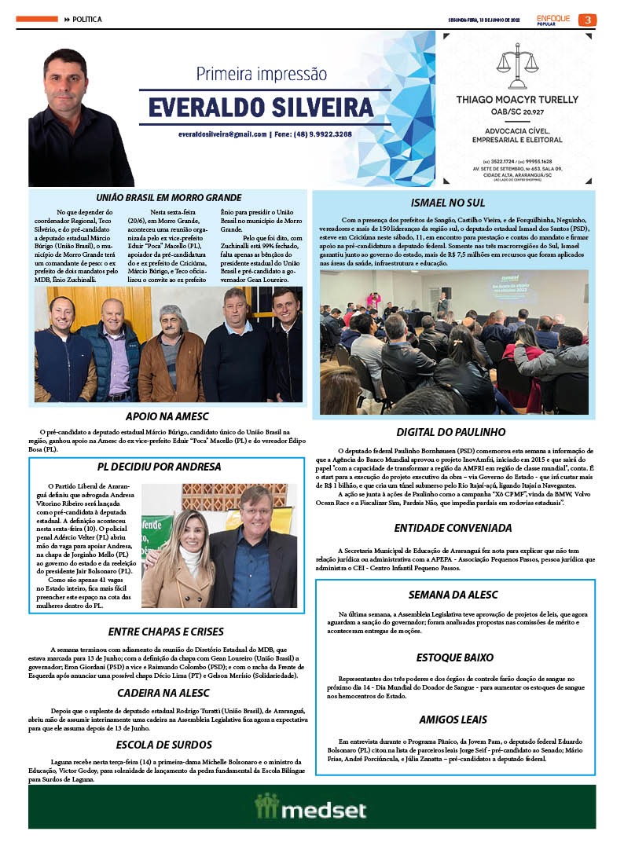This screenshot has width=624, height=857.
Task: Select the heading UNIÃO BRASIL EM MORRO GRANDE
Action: (168, 198)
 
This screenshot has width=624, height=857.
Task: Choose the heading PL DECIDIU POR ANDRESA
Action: (164, 467)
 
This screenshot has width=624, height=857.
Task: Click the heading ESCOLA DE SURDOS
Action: (163, 745)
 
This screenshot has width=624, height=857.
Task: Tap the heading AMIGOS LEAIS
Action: (453, 720)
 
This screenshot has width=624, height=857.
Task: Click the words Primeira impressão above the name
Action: (261, 75)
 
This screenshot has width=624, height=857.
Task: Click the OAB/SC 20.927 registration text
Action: (516, 112)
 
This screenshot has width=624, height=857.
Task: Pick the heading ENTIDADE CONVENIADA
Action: (453, 528)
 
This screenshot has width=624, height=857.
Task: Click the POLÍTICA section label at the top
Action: (87, 19)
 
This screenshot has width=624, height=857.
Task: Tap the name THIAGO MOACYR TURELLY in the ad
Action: (516, 100)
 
